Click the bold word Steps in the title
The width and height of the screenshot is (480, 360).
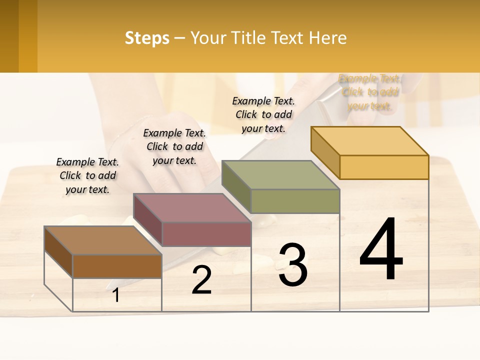click(x=147, y=38)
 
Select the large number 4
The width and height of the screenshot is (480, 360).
click(x=381, y=249)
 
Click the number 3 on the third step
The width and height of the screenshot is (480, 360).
click(x=293, y=265)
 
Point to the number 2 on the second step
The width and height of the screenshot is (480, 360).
click(x=202, y=280)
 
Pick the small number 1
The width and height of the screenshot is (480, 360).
click(x=116, y=295)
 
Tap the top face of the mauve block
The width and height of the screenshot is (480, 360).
click(x=192, y=207)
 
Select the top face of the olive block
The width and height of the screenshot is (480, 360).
click(x=280, y=175)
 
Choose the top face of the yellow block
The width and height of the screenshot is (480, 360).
click(x=369, y=140)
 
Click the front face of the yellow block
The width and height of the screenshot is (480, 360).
click(x=384, y=167)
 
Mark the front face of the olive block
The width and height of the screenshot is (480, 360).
click(x=295, y=201)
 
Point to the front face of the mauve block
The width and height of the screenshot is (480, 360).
click(x=206, y=234)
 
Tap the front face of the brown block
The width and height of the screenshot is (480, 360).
click(x=117, y=266)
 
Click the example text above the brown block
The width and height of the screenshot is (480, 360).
click(x=87, y=176)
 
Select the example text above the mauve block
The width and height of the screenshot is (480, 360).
click(x=174, y=146)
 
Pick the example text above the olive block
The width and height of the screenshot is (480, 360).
click(x=263, y=114)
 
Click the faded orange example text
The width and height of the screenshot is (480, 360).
click(x=369, y=92)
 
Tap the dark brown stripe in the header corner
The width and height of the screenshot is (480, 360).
click(x=9, y=36)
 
